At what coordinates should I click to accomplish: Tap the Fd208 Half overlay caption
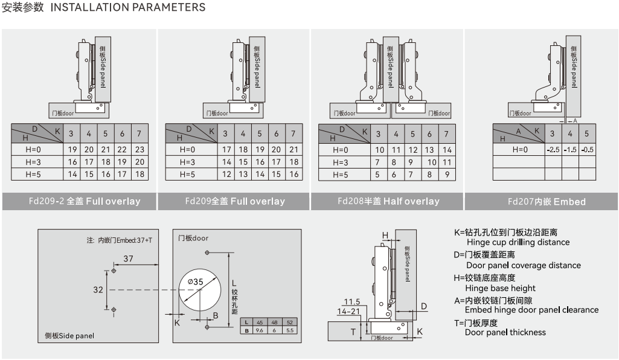click(x=388, y=201)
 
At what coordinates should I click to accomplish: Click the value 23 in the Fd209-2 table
click(x=140, y=149)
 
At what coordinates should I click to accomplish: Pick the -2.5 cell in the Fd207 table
click(x=552, y=149)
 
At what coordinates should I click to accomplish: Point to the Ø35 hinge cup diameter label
click(x=196, y=281)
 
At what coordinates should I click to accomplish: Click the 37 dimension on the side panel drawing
click(x=128, y=259)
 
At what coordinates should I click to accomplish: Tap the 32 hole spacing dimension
click(x=98, y=289)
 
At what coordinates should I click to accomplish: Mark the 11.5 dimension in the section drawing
click(x=351, y=301)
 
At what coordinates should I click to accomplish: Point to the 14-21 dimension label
click(x=348, y=311)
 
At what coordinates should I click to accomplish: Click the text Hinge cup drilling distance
click(x=518, y=242)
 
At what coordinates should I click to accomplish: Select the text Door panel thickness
click(x=505, y=332)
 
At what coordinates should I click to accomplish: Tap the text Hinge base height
click(x=501, y=288)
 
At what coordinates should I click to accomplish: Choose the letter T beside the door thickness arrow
click(x=353, y=332)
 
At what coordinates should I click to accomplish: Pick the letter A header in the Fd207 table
click(x=518, y=130)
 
